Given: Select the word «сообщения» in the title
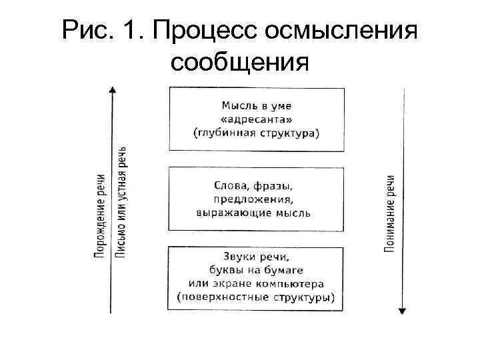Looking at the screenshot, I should (x=240, y=63).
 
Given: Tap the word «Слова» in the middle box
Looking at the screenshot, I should (x=233, y=185).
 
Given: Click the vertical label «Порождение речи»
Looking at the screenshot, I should (x=99, y=216).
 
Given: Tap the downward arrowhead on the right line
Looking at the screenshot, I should (x=403, y=310).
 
